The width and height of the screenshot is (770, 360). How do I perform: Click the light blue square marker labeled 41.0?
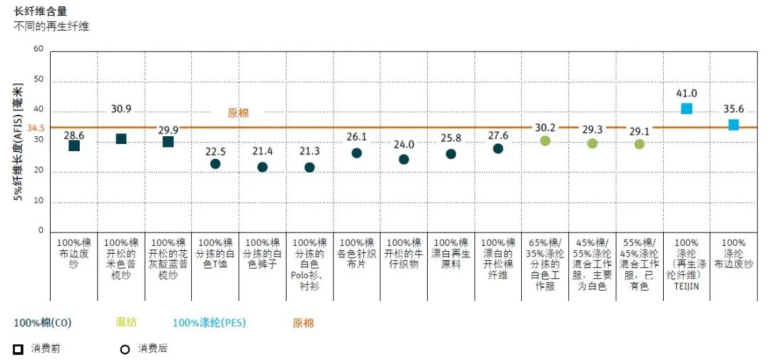tap(687, 108)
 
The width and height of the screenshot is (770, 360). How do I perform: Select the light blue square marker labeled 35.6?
tap(734, 125)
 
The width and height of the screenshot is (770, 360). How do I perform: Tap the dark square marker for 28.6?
tap(74, 145)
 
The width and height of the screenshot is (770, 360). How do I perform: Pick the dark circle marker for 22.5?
tap(215, 164)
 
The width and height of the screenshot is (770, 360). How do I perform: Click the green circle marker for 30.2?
tap(545, 140)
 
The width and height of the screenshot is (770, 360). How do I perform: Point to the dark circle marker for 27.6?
tap(498, 148)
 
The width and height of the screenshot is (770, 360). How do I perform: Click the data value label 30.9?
tap(121, 109)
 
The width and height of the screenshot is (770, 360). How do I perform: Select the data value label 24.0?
tap(404, 144)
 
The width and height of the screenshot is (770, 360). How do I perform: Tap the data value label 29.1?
tap(639, 131)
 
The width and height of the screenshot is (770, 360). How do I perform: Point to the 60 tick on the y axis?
tap(38, 49)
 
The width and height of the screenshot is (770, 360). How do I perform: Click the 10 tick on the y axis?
tap(38, 200)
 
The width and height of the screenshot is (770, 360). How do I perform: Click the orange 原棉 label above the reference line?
tap(238, 113)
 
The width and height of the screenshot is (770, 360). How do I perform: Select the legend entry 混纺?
tap(125, 322)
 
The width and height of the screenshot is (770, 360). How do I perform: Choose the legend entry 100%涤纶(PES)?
tap(209, 322)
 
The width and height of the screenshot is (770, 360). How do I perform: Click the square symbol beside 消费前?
tap(19, 349)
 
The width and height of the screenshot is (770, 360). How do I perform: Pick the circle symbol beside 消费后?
tap(125, 349)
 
